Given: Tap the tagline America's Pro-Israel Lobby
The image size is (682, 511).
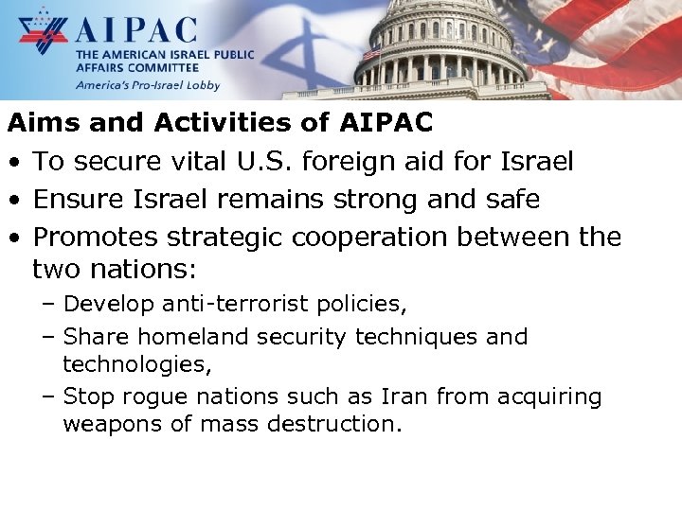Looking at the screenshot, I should coord(148,85).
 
